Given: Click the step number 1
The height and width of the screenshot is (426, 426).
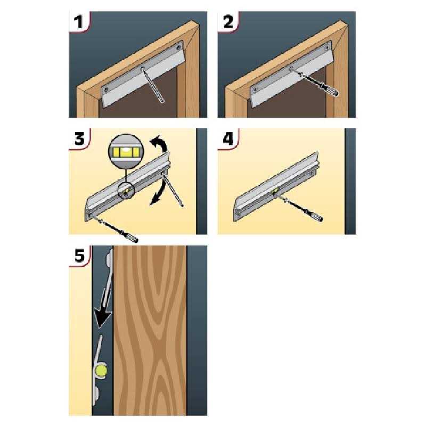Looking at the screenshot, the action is [79, 22].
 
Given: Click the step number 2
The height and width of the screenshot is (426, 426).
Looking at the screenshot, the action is [228, 22].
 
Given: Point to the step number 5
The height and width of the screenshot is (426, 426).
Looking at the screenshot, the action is [79, 256].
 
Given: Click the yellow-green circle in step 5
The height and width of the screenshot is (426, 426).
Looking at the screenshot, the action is [101, 371].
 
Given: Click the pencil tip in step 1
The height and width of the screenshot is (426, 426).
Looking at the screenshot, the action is [162, 102].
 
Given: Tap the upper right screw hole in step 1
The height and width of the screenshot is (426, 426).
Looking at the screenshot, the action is [178, 47].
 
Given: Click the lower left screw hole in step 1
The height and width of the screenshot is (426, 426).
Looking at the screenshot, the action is [106, 89].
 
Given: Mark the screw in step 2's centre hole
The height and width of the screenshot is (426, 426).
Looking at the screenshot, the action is [291, 68].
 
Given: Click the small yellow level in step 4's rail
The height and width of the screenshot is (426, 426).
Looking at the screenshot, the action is [275, 191].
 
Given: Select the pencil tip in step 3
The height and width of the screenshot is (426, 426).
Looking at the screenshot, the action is [182, 206].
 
